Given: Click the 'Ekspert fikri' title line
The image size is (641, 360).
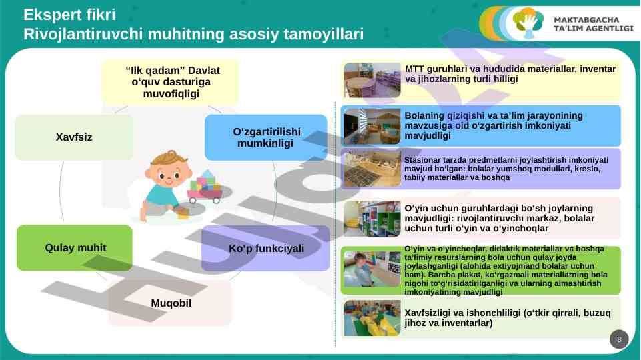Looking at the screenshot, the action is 69,15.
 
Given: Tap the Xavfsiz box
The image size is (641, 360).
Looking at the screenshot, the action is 74,137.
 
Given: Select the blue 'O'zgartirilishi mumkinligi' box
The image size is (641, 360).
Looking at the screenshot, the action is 265,137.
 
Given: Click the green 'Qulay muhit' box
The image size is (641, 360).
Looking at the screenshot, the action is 75,247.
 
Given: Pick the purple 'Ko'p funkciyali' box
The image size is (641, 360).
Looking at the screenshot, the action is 265,248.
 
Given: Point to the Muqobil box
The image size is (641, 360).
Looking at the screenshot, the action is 171,303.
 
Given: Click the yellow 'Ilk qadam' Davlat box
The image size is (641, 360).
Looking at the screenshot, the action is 170,82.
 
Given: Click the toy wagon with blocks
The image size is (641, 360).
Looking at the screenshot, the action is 206,188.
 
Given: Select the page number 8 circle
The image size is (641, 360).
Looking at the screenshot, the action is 619,339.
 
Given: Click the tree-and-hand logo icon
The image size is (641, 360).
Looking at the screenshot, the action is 528,23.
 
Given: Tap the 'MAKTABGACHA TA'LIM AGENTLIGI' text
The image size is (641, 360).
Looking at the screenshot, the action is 593,24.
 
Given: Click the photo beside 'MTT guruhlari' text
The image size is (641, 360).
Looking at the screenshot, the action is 372,80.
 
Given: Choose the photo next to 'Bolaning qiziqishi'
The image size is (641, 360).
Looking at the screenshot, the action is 372,126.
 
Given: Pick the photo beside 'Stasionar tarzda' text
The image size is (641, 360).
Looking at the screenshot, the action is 372,169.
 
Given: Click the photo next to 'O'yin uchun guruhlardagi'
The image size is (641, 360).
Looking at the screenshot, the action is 372,218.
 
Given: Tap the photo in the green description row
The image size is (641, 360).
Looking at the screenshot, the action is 372,269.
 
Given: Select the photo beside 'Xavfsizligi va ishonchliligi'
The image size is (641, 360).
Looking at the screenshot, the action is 372,318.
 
